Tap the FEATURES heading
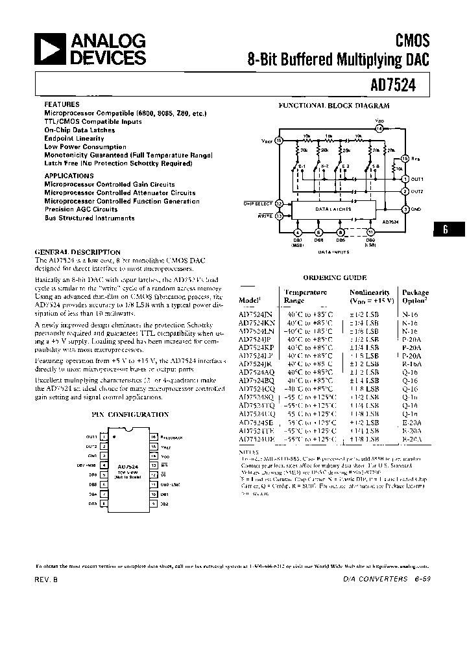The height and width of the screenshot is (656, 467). pos(62,104)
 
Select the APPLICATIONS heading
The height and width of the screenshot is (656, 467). pos(69,176)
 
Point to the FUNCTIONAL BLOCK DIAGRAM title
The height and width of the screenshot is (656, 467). pos(334,105)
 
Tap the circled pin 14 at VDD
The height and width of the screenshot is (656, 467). pos(379,129)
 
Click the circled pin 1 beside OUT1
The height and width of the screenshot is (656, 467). pos(405,178)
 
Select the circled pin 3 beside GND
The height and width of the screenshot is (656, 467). pos(405,209)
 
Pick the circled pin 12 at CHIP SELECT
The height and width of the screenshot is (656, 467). pos(280,204)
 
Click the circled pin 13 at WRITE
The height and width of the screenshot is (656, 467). pos(280,216)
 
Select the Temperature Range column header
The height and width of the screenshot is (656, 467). pos(305,296)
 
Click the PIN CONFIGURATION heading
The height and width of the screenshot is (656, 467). pos(134,414)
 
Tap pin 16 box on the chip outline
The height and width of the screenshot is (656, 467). pos(153,437)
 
